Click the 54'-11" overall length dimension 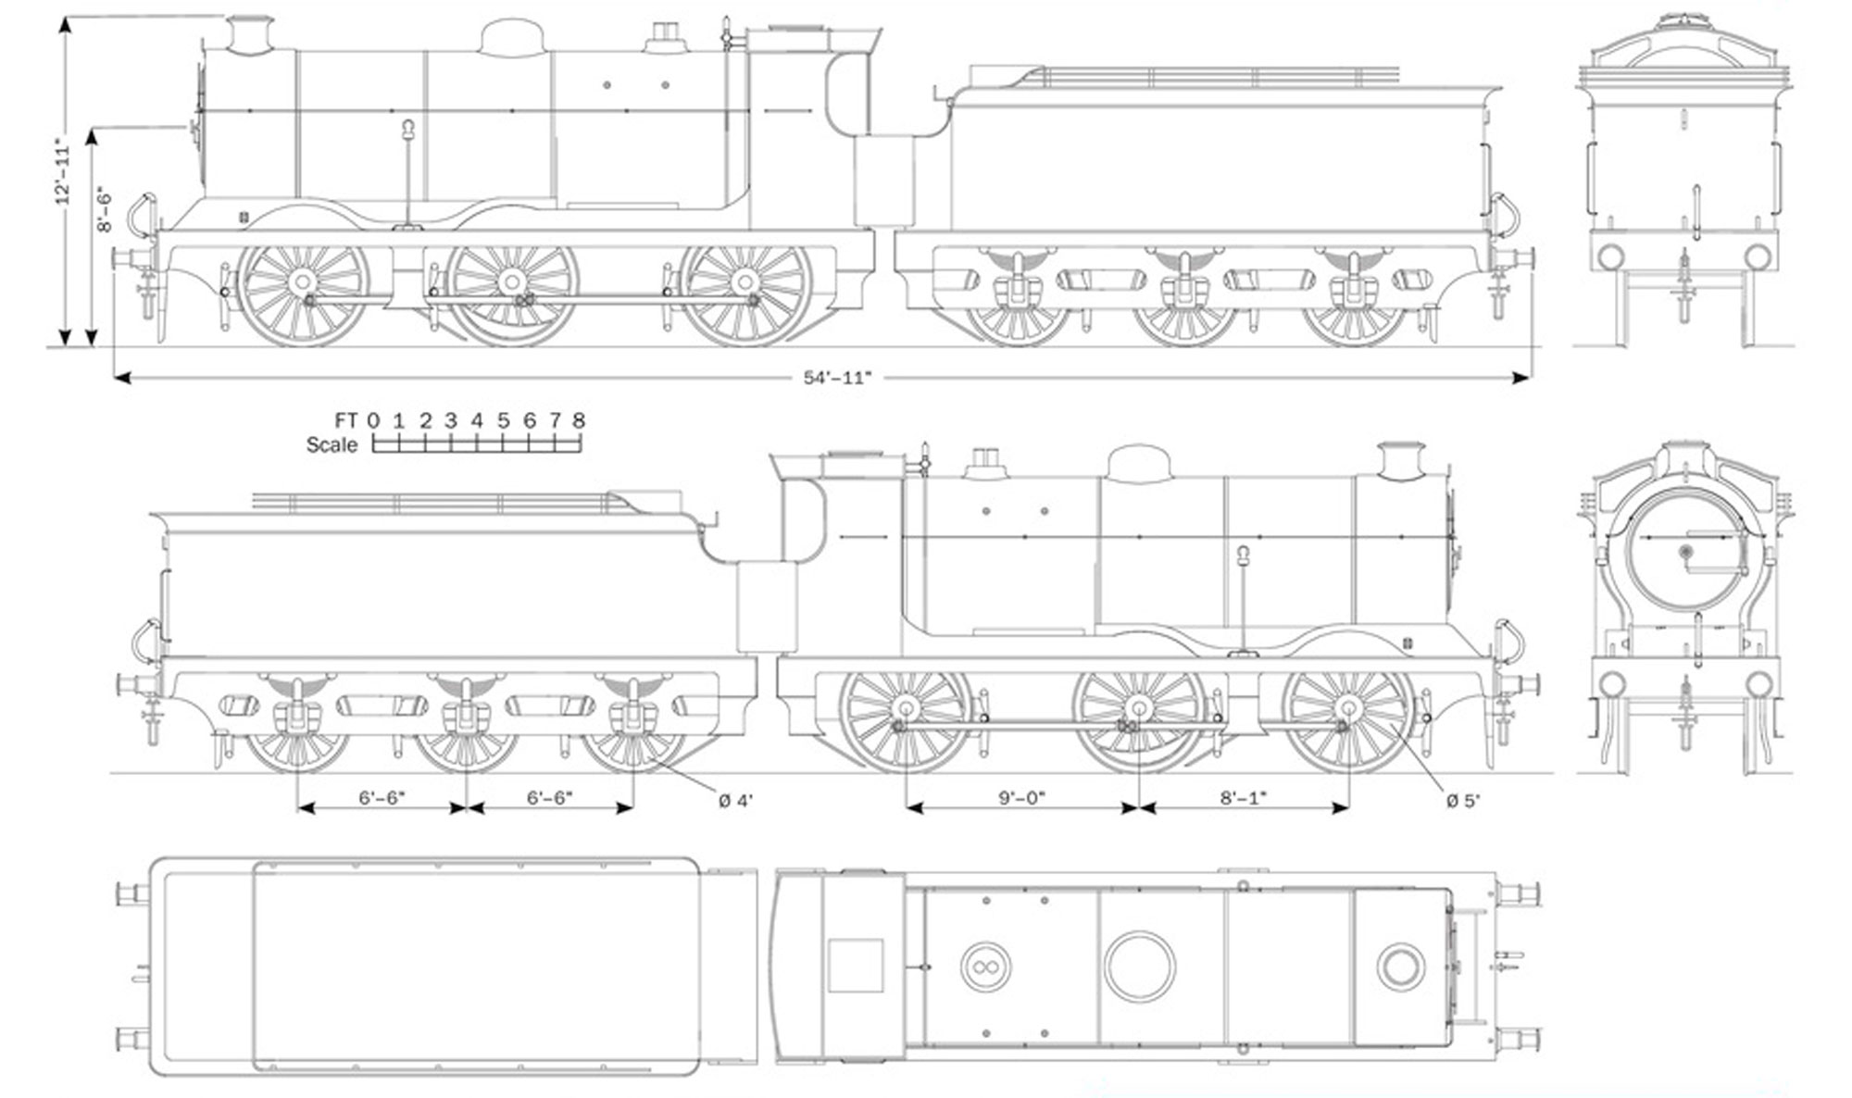[836, 378]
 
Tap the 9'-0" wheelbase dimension [1021, 798]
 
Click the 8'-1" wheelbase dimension [1243, 798]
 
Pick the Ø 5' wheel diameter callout [1462, 800]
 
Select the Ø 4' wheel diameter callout [735, 800]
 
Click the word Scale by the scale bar [332, 445]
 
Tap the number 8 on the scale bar [579, 421]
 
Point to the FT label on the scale [346, 421]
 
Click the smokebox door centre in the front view [1685, 553]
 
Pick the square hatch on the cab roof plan [856, 966]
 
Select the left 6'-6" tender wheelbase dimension [382, 798]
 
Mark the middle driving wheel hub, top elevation [511, 281]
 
